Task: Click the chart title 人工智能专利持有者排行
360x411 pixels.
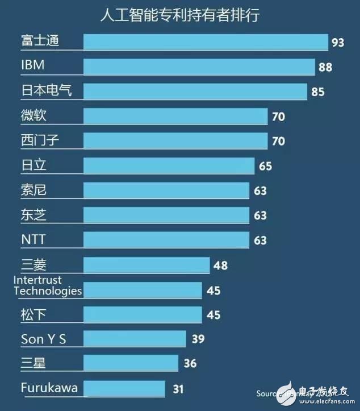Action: tap(179, 15)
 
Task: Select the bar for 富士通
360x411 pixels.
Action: tap(206, 42)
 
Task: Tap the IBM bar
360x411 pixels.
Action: tap(199, 67)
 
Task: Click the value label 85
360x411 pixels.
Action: tap(318, 91)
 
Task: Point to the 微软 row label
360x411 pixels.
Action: tap(33, 115)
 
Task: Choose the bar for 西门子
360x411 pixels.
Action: tap(175, 140)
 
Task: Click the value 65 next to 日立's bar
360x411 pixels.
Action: tap(265, 166)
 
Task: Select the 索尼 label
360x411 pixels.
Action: tap(33, 190)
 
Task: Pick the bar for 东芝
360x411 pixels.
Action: tap(166, 215)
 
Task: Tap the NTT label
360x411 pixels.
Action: tap(33, 239)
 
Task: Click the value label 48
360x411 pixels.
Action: tap(221, 265)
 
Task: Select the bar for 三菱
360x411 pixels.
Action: tap(147, 264)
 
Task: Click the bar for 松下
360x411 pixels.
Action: tap(143, 314)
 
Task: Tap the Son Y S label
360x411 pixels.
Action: tap(44, 339)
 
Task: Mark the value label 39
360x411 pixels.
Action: tap(198, 339)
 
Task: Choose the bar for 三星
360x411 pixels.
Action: tap(131, 363)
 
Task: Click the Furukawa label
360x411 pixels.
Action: tap(49, 388)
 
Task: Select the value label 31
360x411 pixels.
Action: tap(178, 389)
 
